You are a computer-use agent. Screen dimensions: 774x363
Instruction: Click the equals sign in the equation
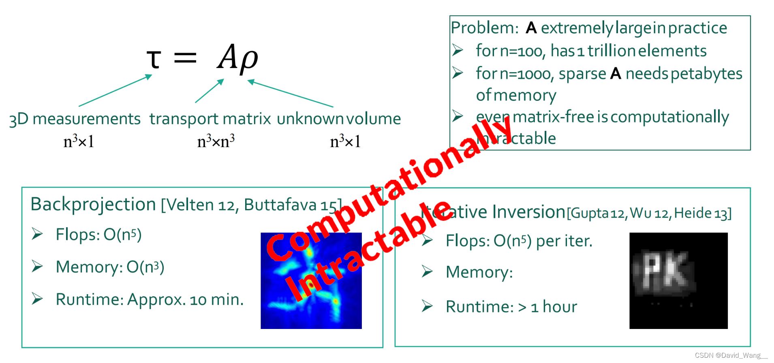tap(185, 58)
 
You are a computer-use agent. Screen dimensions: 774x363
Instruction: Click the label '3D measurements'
tap(75, 119)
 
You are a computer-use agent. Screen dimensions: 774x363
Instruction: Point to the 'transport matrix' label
tap(210, 119)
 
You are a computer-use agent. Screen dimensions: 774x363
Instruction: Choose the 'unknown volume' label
tap(339, 119)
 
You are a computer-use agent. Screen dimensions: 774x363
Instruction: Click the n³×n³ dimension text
tap(216, 141)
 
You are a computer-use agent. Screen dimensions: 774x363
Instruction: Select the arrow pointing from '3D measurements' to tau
tap(115, 90)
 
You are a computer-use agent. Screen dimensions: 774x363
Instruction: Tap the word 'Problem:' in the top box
tap(485, 28)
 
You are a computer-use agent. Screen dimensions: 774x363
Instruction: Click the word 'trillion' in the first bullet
tap(612, 51)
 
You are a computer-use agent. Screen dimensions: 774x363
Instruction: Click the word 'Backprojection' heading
tap(93, 204)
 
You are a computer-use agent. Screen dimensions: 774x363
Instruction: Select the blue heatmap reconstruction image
tap(311, 280)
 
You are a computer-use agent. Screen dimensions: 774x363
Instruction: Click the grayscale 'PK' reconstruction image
tap(678, 280)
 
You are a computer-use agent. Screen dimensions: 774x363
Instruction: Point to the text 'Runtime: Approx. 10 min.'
tap(150, 299)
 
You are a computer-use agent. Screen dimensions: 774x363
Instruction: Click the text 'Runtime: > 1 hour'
tap(511, 307)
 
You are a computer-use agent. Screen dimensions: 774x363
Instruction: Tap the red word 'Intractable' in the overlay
tap(367, 251)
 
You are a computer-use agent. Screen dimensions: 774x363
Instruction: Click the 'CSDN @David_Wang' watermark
tap(731, 355)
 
